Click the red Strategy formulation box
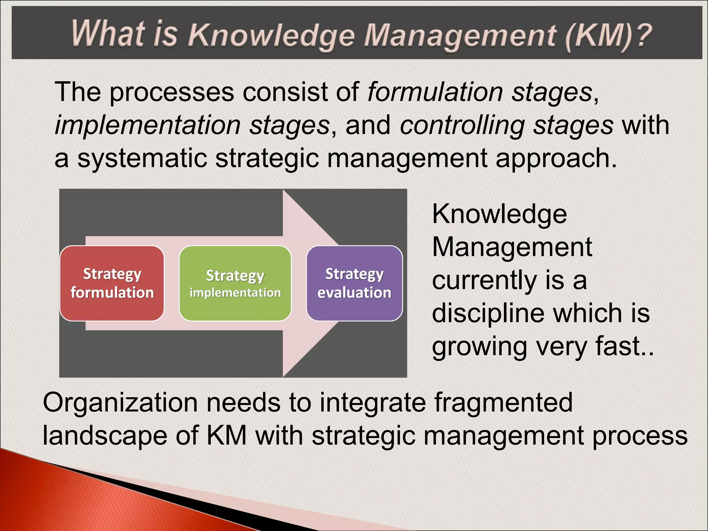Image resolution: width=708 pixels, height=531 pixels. click(x=112, y=283)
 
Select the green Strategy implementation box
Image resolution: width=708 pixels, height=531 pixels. click(x=235, y=283)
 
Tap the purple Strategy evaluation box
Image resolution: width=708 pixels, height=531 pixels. click(x=354, y=283)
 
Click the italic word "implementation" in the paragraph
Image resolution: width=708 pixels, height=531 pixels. click(x=148, y=125)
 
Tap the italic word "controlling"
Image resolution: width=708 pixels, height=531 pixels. click(x=462, y=125)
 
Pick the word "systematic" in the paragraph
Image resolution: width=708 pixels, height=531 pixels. click(x=142, y=158)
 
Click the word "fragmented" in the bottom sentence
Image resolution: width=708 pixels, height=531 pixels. click(x=503, y=403)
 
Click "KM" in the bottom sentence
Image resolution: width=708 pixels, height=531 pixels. click(x=226, y=435)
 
